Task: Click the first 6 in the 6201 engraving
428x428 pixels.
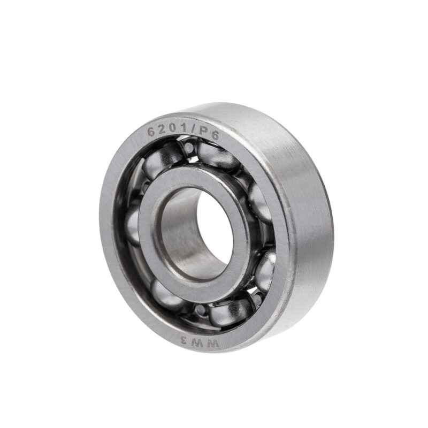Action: [151, 132]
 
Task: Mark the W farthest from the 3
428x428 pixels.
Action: [213, 343]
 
